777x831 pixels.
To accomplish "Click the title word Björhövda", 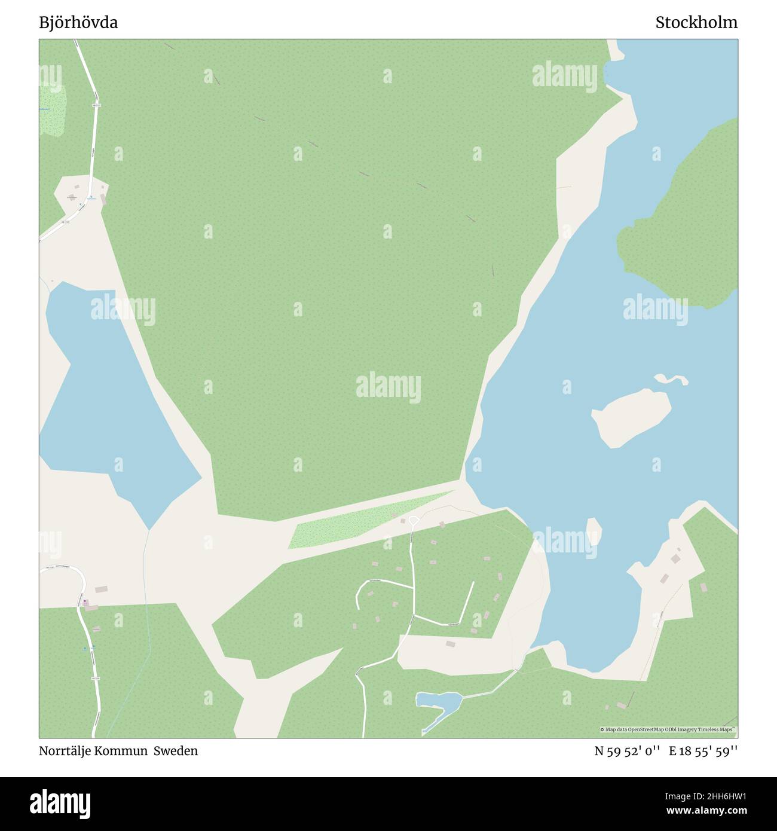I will pyautogui.click(x=78, y=23).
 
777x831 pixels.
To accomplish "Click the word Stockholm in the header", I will pyautogui.click(x=696, y=23).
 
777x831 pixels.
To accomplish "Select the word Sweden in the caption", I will pyautogui.click(x=176, y=751).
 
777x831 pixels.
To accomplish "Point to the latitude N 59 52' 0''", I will pyautogui.click(x=626, y=751).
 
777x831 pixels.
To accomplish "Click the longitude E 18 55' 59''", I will pyautogui.click(x=703, y=751).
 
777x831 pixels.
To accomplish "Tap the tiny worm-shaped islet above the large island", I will pyautogui.click(x=671, y=379).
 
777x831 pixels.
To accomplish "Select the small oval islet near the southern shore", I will pyautogui.click(x=593, y=530).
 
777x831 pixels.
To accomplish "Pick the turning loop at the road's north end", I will pyautogui.click(x=413, y=521).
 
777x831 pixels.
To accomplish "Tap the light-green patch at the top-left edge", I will pyautogui.click(x=52, y=111).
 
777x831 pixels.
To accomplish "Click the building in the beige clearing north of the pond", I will pyautogui.click(x=450, y=644).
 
